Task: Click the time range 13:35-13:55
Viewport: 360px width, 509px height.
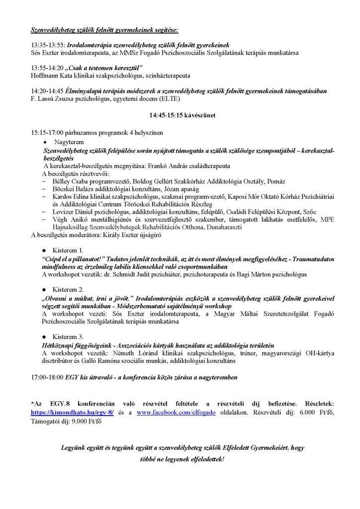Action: pyautogui.click(x=47, y=45)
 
